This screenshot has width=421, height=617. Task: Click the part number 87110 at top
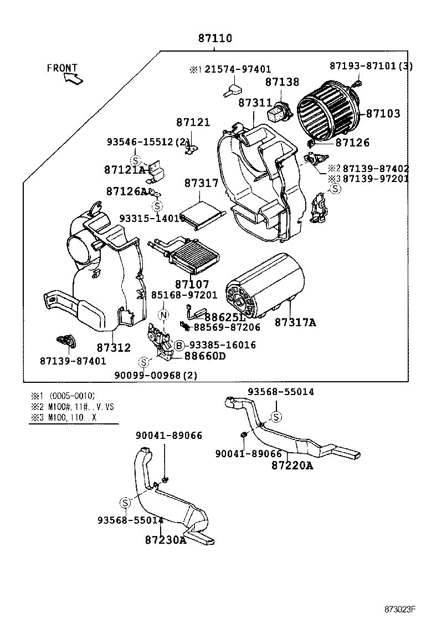[x=215, y=39]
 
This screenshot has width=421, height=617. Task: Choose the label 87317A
[x=295, y=322]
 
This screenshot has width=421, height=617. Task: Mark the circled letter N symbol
[x=164, y=315]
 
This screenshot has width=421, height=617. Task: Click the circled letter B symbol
[x=179, y=346]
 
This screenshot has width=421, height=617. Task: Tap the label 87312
[x=114, y=348]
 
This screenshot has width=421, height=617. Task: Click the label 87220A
[x=292, y=466]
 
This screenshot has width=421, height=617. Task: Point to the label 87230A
[x=166, y=539]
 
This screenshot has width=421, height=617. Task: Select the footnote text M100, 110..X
[x=72, y=417]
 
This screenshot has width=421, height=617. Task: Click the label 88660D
[x=205, y=356]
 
